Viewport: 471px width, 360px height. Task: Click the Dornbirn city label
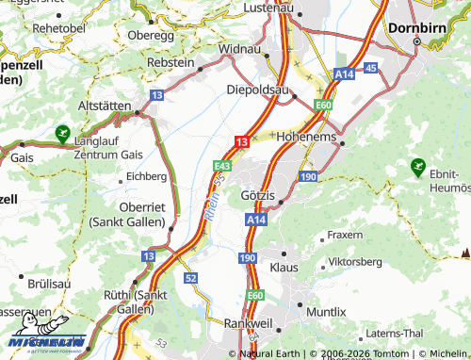pos(418,28)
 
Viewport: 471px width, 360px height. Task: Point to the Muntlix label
pos(326,310)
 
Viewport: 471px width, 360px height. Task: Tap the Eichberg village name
pos(146,176)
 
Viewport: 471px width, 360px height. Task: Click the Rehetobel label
pos(59,28)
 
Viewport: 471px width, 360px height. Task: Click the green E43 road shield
pos(222,164)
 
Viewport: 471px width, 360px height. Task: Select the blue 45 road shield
pos(370,68)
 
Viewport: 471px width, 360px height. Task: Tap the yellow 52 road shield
pos(191,278)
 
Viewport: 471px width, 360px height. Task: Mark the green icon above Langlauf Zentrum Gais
pos(63,134)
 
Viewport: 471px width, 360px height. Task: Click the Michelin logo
pos(45,342)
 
